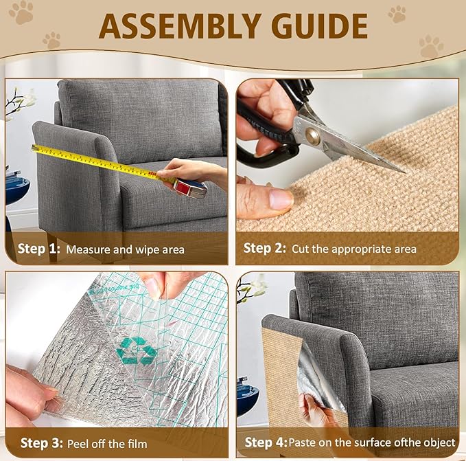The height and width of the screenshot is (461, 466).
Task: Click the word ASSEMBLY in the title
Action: point(180,26)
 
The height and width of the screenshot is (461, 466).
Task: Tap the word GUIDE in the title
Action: point(316,26)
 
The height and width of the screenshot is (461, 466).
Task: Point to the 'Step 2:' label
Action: point(266,249)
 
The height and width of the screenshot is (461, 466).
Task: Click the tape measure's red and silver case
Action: point(191,187)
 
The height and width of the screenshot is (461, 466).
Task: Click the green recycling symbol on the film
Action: point(136,350)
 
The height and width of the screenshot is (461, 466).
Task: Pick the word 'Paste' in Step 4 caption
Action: point(303,443)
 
